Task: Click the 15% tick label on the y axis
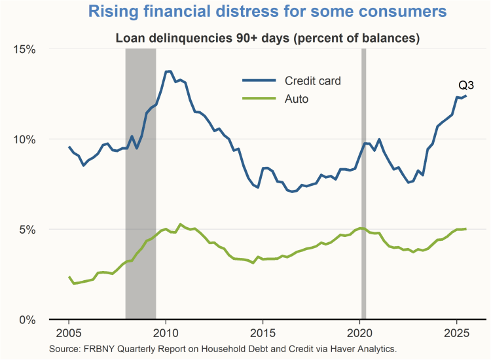coord(26,49)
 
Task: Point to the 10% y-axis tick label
coord(26,139)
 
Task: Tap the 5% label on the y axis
coord(29,230)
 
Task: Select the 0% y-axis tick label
coord(29,319)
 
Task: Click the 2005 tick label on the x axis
coord(68,332)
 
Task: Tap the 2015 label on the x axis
coord(263,332)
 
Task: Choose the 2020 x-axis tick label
coord(360,332)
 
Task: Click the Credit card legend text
coord(312,81)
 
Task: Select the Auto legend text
coord(297,99)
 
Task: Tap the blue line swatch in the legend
coord(260,81)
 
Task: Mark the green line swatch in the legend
coord(260,99)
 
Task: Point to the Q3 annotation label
coord(465,86)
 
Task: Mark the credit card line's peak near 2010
coord(168,71)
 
